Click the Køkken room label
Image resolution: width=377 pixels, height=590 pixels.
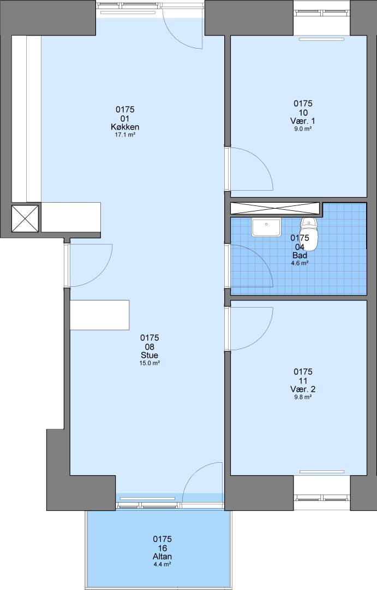coord(125,127)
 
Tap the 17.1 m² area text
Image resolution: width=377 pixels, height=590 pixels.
coord(125,134)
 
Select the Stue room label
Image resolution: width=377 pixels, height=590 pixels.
coord(149,355)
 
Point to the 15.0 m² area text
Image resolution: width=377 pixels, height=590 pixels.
coord(149,363)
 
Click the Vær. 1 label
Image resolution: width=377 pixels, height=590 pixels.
coord(303,121)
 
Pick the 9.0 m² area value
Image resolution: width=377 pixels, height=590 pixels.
coord(303,129)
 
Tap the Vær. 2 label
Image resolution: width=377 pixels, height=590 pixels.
coord(303,389)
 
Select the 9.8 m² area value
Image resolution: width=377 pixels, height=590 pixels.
coord(303,397)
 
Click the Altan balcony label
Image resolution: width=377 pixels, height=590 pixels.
coord(163,557)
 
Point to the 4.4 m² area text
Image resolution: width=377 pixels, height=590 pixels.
coord(163,564)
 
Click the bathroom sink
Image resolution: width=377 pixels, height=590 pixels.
coord(266,227)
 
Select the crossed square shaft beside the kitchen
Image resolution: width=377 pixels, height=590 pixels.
coord(25,218)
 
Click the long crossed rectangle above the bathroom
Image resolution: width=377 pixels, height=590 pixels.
coord(275,209)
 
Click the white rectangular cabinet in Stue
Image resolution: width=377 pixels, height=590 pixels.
coord(100,315)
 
